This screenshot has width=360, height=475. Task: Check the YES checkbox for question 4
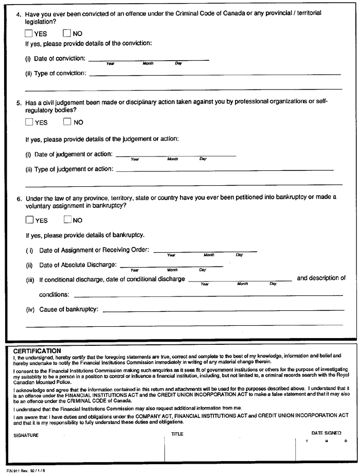[x=29, y=33]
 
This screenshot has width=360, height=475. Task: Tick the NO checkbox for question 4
[x=67, y=33]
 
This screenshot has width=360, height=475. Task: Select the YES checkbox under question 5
[x=29, y=122]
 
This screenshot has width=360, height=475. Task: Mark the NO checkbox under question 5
[x=67, y=122]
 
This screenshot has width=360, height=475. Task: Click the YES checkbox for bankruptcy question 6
[x=29, y=220]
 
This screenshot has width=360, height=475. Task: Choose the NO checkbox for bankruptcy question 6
[x=67, y=220]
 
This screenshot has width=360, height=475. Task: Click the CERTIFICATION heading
[x=37, y=350]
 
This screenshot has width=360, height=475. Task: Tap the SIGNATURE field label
[x=26, y=435]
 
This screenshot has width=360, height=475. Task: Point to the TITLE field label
[x=177, y=434]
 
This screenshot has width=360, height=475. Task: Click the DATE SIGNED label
[x=326, y=433]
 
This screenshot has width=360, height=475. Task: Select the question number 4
[x=19, y=13]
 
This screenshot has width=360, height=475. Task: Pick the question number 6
[x=19, y=198]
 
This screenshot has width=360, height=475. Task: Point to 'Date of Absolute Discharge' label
[x=71, y=265]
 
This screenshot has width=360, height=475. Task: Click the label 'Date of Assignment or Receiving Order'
[x=87, y=250]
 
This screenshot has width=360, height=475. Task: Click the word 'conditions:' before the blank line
[x=54, y=295]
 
